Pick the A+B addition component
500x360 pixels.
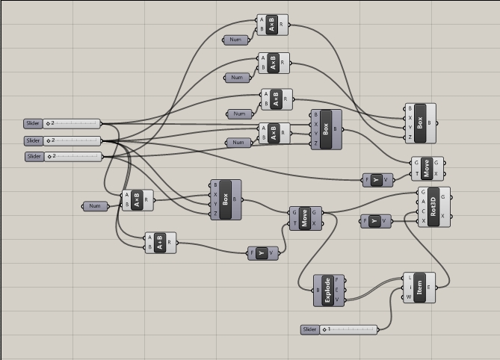tap(160, 243)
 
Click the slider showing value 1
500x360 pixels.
tap(348, 329)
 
